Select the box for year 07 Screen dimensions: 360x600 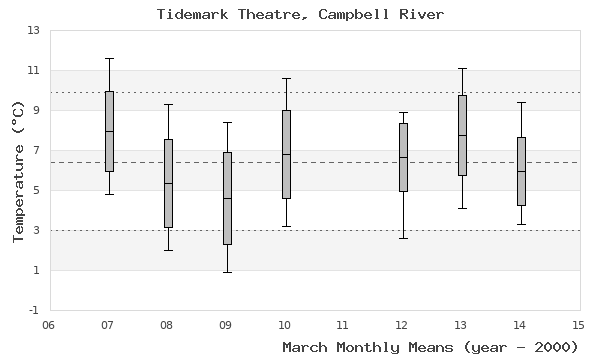click(x=108, y=131)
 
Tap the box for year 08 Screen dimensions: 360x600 click(x=168, y=183)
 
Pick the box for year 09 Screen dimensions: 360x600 click(x=227, y=198)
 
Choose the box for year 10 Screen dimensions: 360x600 click(x=286, y=154)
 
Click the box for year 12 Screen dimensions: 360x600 click(x=403, y=157)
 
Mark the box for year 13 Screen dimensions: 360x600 click(x=462, y=135)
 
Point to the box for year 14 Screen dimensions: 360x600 click(x=521, y=171)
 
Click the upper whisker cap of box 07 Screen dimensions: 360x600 click(x=108, y=58)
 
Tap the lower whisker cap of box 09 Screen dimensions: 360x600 click(x=227, y=272)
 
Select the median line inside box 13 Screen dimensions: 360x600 click(x=462, y=135)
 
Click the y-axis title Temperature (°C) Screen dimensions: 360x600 click(x=17, y=170)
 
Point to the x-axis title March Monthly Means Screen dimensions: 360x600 click(x=430, y=347)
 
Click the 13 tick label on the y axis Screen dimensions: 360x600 click(x=32, y=30)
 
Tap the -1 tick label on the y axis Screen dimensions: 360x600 click(x=33, y=310)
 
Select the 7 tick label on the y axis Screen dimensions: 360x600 click(x=35, y=150)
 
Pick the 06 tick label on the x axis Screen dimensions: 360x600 click(x=49, y=324)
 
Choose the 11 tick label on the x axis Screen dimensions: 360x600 click(x=344, y=324)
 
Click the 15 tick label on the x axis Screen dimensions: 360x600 click(x=579, y=324)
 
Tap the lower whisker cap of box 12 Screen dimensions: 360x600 click(x=403, y=238)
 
